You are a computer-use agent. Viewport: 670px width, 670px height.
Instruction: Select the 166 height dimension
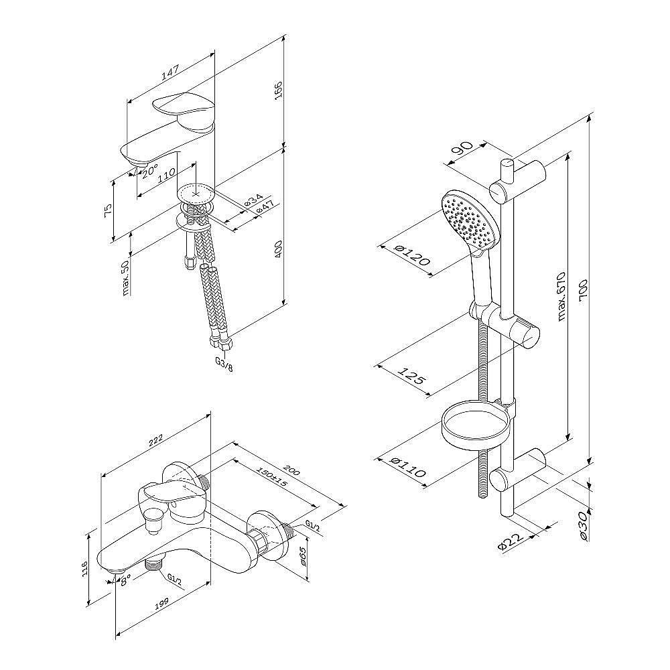pyautogui.click(x=278, y=90)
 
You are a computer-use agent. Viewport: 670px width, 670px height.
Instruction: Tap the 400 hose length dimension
pyautogui.click(x=278, y=248)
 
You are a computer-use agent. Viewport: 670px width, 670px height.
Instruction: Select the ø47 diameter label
pyautogui.click(x=265, y=208)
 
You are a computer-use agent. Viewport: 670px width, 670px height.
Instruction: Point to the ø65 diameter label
pyautogui.click(x=303, y=556)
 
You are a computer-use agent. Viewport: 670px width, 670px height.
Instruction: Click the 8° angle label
pyautogui.click(x=126, y=580)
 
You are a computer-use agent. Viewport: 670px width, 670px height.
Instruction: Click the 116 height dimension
pyautogui.click(x=84, y=569)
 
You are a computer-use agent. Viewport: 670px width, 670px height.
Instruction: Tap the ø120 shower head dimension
pyautogui.click(x=411, y=255)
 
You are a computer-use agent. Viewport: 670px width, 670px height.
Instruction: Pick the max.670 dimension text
pyautogui.click(x=561, y=295)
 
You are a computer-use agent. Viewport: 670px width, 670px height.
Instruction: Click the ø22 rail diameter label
pyautogui.click(x=510, y=541)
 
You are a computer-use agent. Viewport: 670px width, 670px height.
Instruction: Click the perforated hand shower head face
pyautogui.click(x=469, y=219)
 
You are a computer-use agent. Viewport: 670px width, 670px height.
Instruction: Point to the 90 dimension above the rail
pyautogui.click(x=461, y=150)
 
